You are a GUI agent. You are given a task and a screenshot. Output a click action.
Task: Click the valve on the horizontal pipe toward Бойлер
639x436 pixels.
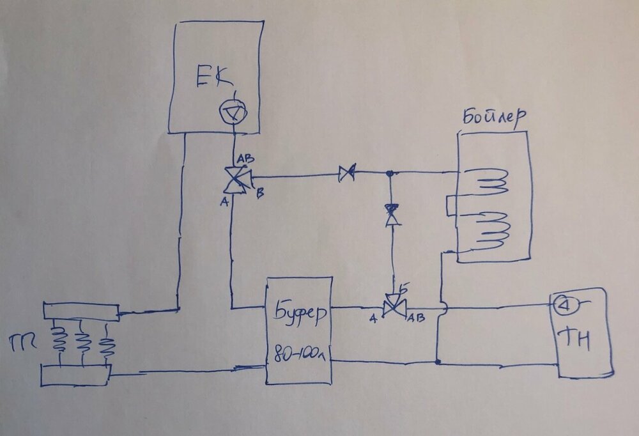[348, 173]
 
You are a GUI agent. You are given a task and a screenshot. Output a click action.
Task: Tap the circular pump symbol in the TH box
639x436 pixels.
[566, 304]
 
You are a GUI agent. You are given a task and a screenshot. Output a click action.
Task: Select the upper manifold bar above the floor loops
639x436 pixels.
[81, 312]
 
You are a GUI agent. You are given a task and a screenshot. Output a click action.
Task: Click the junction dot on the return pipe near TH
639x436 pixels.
[437, 362]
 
